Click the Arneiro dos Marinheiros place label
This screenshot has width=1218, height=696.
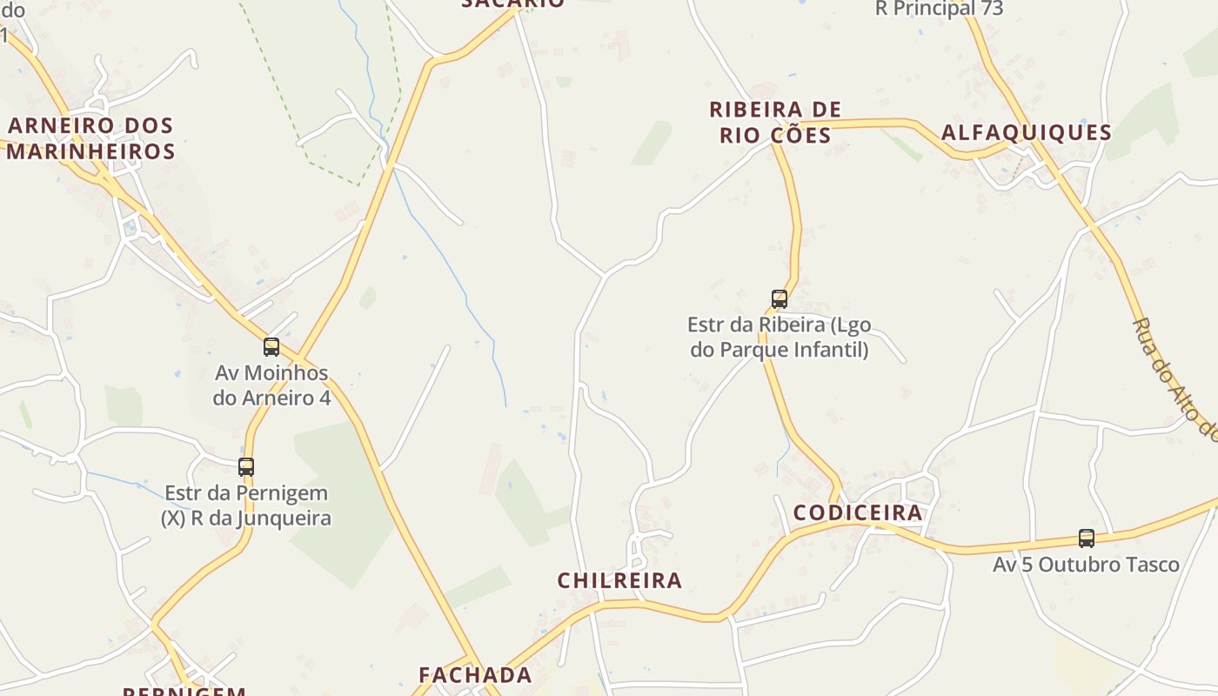coord(91,138)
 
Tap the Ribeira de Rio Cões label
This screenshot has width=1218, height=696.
coord(775,122)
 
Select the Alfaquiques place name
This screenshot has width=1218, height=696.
coord(1027,132)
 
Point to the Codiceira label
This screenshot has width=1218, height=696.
coord(858,512)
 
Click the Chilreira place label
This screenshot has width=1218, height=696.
coord(619,580)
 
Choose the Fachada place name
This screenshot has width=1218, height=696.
coord(475,675)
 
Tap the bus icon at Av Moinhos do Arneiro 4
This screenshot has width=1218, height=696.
coord(271,347)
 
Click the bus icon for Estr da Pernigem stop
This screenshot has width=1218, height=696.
coord(246,466)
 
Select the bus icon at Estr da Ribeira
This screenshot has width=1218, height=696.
coord(780,299)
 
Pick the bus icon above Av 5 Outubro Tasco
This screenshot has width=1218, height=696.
coord(1087,539)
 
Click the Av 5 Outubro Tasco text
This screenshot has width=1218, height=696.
coord(1086,565)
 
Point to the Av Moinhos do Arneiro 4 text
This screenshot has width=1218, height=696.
coord(272,385)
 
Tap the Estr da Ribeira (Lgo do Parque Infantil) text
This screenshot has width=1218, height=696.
coord(779,338)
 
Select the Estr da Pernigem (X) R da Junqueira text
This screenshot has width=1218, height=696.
coord(246,505)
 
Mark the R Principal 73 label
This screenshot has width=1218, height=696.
coord(939,9)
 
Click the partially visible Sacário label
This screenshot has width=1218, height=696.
coord(513,3)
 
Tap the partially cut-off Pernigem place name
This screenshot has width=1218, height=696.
coord(184,691)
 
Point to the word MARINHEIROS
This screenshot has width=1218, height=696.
coord(91,151)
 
